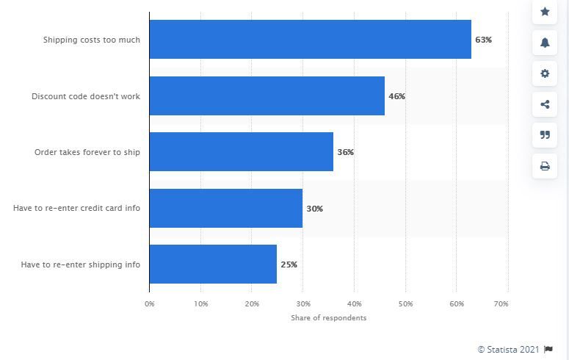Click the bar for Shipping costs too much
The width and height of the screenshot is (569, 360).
(310, 40)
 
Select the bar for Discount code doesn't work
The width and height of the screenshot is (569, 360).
(267, 96)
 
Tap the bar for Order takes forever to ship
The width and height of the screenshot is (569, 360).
(241, 152)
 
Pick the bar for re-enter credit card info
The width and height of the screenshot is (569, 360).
(225, 208)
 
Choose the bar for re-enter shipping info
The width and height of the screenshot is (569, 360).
(213, 264)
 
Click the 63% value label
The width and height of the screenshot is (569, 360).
(483, 40)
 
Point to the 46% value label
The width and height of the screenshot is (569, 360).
(396, 96)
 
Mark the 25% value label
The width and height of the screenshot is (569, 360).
(289, 264)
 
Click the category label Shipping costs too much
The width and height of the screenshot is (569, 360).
(92, 40)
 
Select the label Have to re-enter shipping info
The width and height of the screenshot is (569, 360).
(80, 264)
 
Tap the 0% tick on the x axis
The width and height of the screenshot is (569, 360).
(150, 303)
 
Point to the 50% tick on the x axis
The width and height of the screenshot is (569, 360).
(405, 303)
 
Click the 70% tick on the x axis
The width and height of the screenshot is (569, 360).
(502, 303)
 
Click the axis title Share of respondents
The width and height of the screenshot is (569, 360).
(327, 318)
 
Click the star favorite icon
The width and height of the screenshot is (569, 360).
(545, 11)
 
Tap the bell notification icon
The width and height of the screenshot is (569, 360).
(545, 43)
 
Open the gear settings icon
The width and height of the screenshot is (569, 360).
(545, 73)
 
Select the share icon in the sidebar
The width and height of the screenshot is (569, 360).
(545, 104)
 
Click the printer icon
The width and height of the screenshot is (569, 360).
(545, 166)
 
